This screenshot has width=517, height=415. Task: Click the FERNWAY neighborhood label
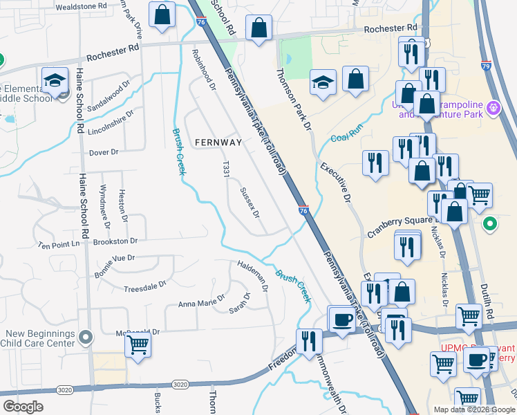[x=218, y=143]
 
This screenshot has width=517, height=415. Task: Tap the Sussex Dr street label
[x=250, y=202]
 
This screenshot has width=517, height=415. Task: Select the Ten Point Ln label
[x=59, y=245]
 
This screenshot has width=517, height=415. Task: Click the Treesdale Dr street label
[x=144, y=285]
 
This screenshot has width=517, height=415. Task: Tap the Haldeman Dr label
[x=252, y=272]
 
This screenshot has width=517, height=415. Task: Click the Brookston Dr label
[x=115, y=241]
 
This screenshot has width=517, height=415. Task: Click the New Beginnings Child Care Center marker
[x=86, y=337]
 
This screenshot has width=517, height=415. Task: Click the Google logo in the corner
[x=23, y=407]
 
